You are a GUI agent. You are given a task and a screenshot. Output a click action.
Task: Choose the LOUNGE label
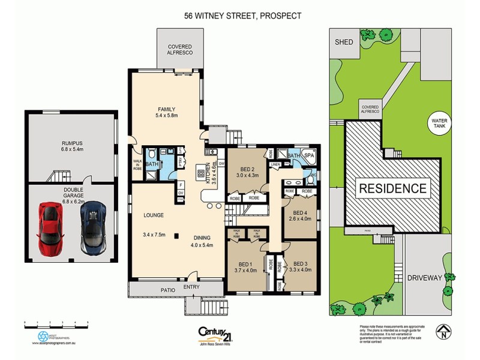(153, 214)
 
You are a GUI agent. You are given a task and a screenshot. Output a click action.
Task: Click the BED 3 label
(302, 263)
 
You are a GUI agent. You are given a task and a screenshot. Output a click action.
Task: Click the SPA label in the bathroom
(310, 156)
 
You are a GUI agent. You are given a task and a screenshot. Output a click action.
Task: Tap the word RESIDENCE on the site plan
(392, 188)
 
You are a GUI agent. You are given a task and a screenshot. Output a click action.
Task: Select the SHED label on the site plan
(343, 41)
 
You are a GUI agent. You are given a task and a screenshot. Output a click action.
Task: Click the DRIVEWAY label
(424, 278)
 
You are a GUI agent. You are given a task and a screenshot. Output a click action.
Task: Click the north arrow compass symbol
(442, 329)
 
